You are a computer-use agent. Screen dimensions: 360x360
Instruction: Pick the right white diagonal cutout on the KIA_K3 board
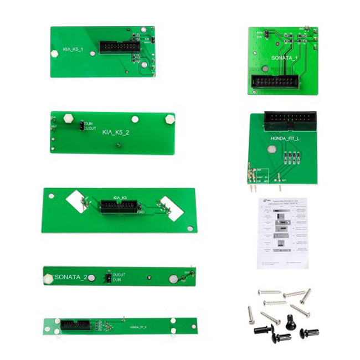click(x=171, y=210)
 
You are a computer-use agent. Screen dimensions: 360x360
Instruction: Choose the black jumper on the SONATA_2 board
click(x=105, y=277)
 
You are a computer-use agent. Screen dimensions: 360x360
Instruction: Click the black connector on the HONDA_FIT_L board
click(x=290, y=119)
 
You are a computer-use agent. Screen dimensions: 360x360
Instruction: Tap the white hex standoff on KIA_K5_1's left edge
click(x=54, y=54)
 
